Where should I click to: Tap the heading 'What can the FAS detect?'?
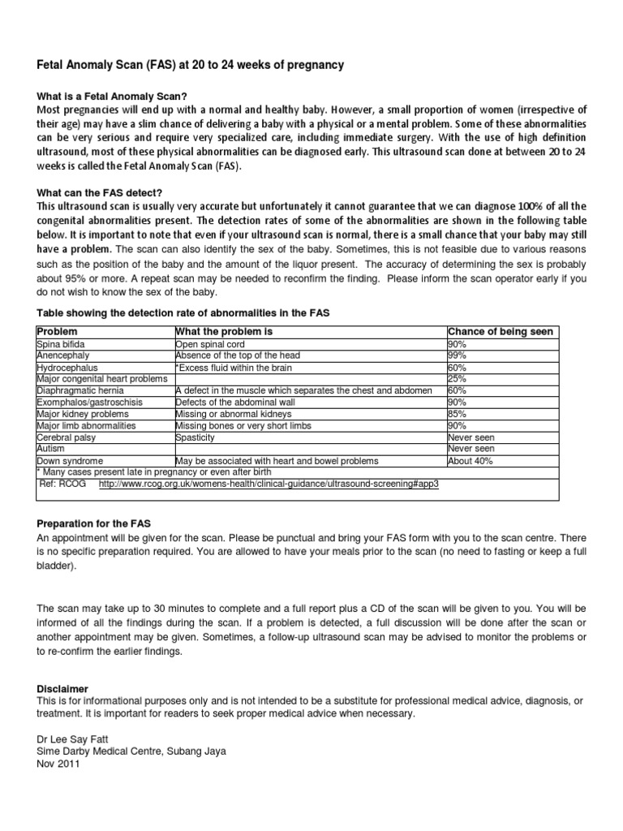100,170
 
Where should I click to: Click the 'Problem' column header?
58,332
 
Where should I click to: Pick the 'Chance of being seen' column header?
501,332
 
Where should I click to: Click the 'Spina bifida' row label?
61,344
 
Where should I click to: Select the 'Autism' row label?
50,449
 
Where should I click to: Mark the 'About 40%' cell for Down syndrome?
470,461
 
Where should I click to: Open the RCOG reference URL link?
269,484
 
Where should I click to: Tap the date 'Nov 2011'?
57,763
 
